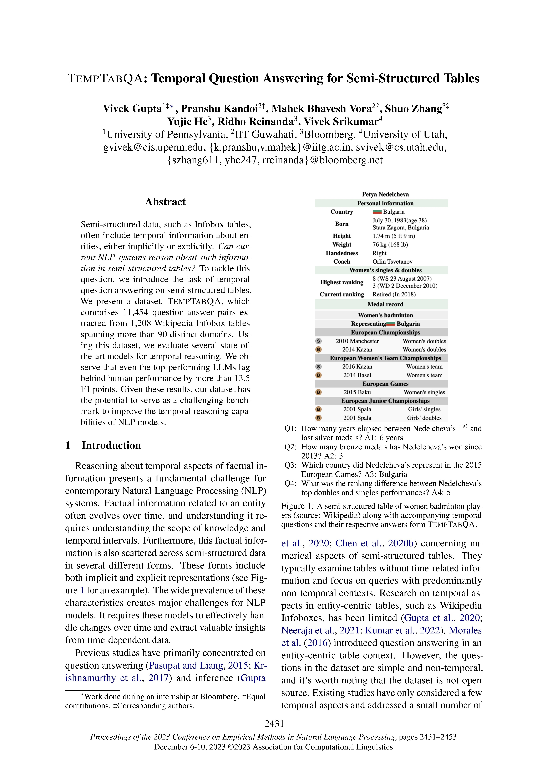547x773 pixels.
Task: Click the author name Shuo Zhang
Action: click(413, 109)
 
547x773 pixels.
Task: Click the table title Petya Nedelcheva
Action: click(385, 194)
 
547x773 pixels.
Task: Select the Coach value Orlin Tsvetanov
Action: click(392, 262)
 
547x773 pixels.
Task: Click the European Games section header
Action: click(385, 384)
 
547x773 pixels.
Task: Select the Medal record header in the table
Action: click(385, 304)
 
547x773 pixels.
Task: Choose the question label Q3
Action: click(290, 465)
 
